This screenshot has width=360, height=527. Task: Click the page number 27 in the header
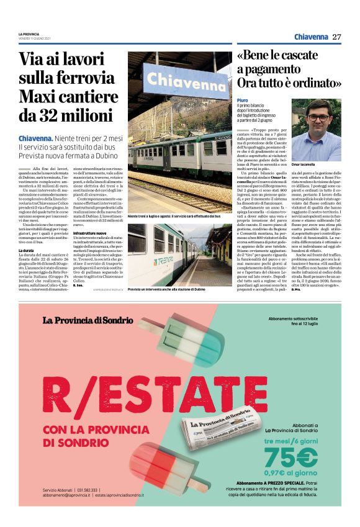337,37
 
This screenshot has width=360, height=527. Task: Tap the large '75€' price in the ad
288,457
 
